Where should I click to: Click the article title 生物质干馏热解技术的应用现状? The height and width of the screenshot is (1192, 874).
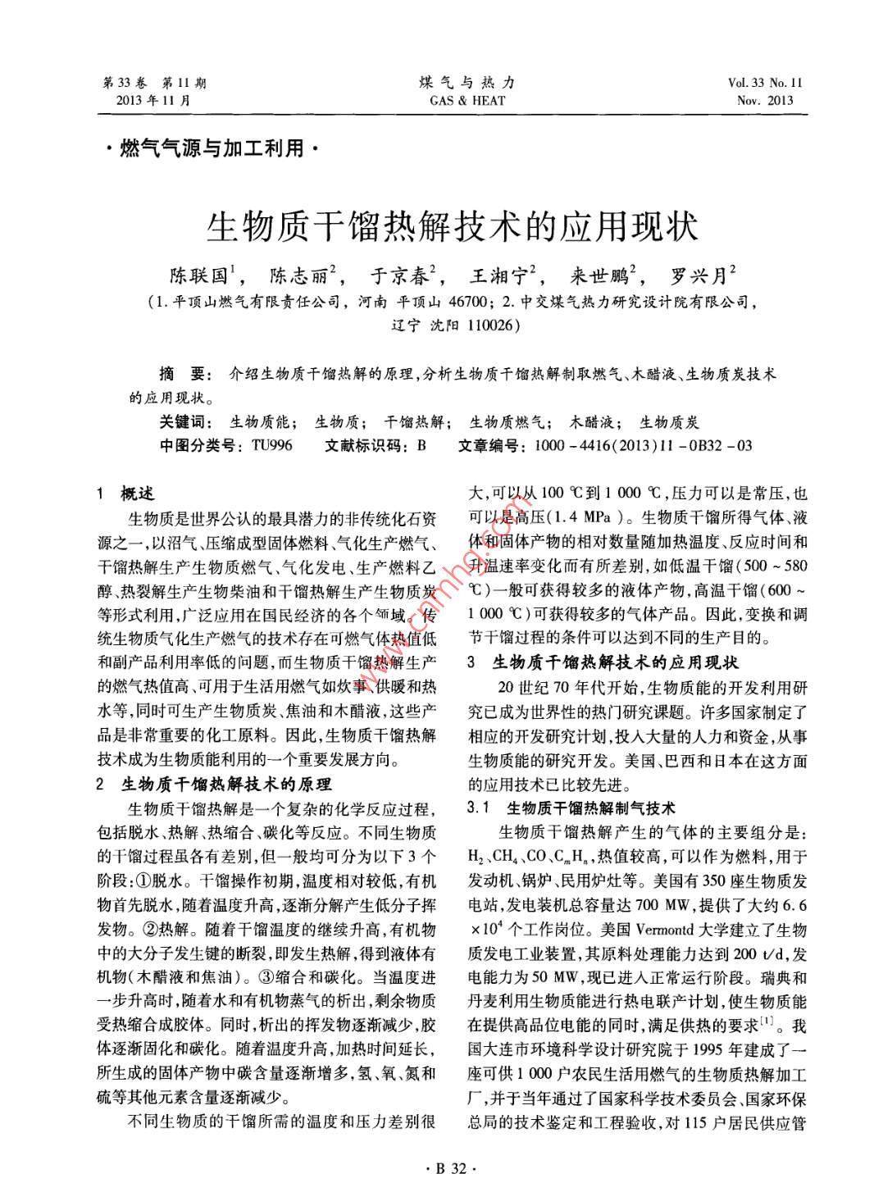tap(452, 225)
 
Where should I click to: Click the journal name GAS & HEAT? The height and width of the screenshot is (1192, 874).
tap(467, 101)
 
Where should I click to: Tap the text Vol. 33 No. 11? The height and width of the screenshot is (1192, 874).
tap(765, 83)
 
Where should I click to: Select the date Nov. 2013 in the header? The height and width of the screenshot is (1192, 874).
tap(765, 101)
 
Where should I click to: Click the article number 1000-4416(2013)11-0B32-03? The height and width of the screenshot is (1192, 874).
tap(642, 445)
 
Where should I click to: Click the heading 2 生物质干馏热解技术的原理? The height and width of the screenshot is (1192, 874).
tap(214, 785)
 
